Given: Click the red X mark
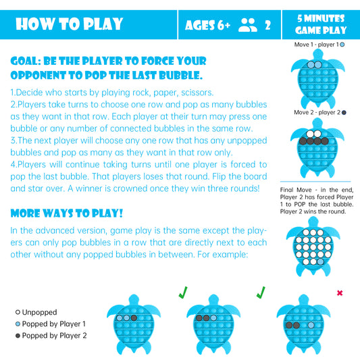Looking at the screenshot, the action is (x=340, y=293).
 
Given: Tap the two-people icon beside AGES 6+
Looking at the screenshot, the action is (x=248, y=25).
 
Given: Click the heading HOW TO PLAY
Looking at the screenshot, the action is (x=70, y=24).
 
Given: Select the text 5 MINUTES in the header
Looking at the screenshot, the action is (x=321, y=18).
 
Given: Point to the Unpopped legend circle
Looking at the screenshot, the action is (x=18, y=312).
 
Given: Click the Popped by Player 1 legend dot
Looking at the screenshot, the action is (x=18, y=324).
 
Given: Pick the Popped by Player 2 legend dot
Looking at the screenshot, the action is (x=18, y=336).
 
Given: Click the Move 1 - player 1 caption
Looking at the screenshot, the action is (x=319, y=45).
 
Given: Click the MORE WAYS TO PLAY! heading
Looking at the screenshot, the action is (x=67, y=213).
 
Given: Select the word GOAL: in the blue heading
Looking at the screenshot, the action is (x=26, y=61).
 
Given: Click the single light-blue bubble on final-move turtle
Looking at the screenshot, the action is (x=321, y=261).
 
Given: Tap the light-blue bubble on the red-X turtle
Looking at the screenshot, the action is (x=311, y=325).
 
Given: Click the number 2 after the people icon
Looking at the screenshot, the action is (x=267, y=25).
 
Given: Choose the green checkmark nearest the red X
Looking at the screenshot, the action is (x=261, y=292).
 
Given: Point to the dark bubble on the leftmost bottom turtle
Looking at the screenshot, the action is (x=134, y=318).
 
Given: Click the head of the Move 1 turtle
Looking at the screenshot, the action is (x=318, y=54).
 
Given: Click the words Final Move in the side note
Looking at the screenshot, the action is (x=296, y=190).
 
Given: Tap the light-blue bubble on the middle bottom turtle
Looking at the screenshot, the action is (x=213, y=318).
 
